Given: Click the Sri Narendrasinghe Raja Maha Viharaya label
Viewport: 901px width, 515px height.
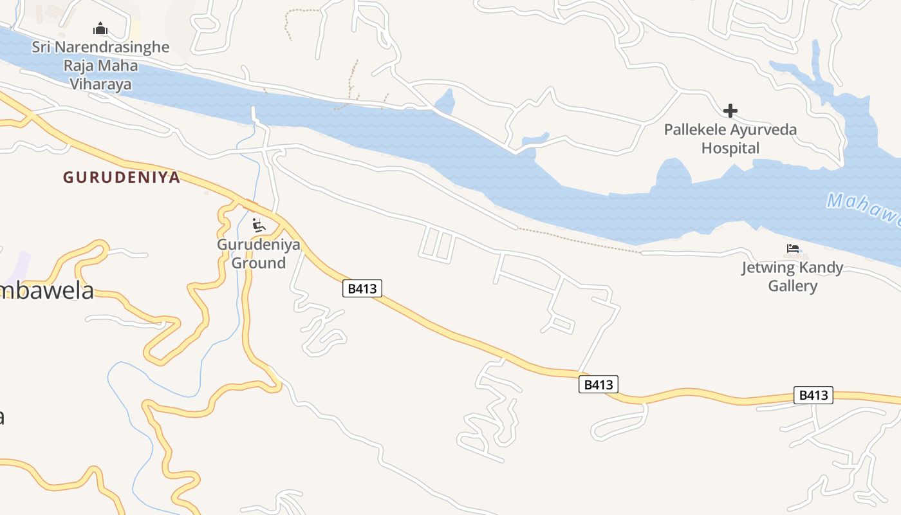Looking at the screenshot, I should tap(100, 65).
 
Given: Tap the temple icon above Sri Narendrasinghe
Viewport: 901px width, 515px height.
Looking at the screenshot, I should tap(100, 29).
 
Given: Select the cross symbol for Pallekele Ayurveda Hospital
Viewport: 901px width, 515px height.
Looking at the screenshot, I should tap(730, 111).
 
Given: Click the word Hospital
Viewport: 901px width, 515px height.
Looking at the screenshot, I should tap(730, 148).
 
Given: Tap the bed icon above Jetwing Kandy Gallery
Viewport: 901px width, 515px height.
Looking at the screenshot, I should tap(792, 248).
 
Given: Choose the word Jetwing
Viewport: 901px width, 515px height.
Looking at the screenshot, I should tap(766, 268).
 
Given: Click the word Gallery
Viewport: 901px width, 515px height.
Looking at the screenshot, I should tap(792, 286).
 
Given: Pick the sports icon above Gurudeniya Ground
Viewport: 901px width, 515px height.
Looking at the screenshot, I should tap(258, 225).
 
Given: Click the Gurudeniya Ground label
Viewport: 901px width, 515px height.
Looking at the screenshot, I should tap(258, 254).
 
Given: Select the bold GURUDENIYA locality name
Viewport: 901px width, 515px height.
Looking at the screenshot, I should tap(121, 178).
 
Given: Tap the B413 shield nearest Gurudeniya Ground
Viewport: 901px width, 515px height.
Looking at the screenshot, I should tap(362, 288).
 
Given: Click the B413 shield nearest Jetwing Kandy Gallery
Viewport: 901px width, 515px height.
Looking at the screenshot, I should tap(813, 395).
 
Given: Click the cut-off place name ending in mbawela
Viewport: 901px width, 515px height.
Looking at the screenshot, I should tap(46, 290).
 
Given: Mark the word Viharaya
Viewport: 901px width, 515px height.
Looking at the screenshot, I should tap(100, 84).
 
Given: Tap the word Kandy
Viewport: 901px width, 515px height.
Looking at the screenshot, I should tap(821, 268).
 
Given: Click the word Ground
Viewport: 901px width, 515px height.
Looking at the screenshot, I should tap(258, 263).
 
